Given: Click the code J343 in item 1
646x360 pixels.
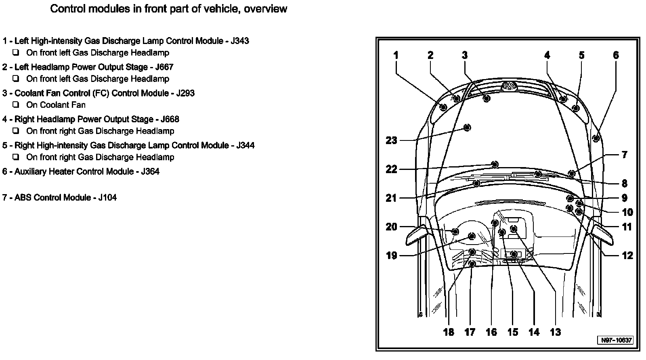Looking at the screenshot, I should pyautogui.click(x=240, y=41).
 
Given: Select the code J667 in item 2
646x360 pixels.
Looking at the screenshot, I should pyautogui.click(x=164, y=67).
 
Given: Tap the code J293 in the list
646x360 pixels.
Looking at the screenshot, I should pyautogui.click(x=185, y=93).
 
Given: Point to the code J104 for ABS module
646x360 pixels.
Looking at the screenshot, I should pyautogui.click(x=107, y=198).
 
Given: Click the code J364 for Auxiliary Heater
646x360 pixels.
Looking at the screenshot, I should pyautogui.click(x=150, y=172).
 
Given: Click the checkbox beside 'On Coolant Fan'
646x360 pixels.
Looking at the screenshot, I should pyautogui.click(x=16, y=105).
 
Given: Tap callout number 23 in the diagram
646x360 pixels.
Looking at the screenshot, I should pyautogui.click(x=391, y=140).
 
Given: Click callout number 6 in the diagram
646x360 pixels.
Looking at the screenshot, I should pyautogui.click(x=616, y=55).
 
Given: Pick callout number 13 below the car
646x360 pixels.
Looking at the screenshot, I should pyautogui.click(x=555, y=332).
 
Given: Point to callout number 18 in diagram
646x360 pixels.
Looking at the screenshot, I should pyautogui.click(x=449, y=332).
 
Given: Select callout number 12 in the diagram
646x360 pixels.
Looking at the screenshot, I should pyautogui.click(x=627, y=255).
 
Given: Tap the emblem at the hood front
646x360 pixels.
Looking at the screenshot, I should pyautogui.click(x=509, y=86).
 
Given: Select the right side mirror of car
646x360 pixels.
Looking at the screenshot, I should pyautogui.click(x=602, y=234).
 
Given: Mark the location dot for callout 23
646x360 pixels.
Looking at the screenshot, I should pyautogui.click(x=467, y=128).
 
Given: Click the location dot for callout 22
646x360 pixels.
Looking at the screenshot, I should pyautogui.click(x=495, y=164).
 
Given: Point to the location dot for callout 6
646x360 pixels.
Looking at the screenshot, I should pyautogui.click(x=596, y=138).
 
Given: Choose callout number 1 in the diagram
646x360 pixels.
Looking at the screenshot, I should pyautogui.click(x=396, y=55).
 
